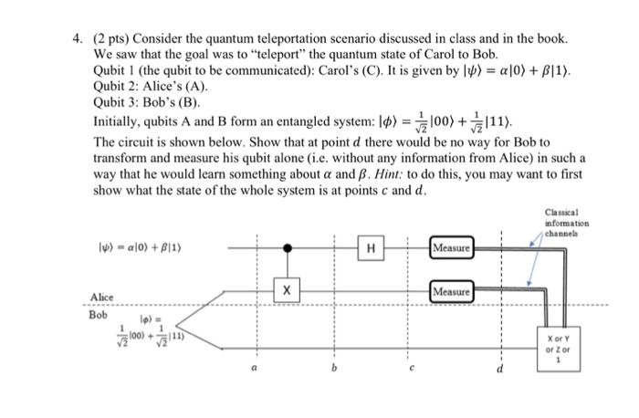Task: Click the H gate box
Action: click(x=372, y=246)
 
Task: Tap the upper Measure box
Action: click(x=453, y=246)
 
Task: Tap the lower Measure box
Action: click(x=453, y=291)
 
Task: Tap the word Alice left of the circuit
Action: click(x=103, y=297)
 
